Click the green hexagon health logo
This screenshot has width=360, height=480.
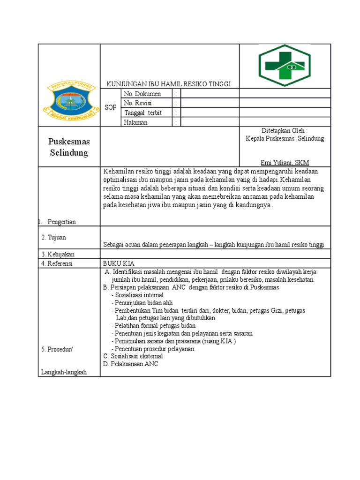click(x=285, y=66)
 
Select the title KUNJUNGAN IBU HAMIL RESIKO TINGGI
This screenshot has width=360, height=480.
click(x=169, y=84)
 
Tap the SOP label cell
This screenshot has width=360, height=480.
click(x=111, y=107)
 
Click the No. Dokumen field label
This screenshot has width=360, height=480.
click(x=142, y=94)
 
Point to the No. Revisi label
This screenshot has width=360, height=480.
click(x=138, y=103)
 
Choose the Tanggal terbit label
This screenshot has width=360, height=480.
click(x=142, y=112)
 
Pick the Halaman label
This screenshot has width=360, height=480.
click(x=135, y=122)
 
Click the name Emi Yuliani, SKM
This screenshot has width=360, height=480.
click(x=285, y=162)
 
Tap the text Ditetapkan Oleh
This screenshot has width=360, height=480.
click(x=285, y=130)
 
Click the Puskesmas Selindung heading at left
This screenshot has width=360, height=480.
click(x=69, y=147)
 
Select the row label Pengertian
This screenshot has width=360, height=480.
click(x=61, y=222)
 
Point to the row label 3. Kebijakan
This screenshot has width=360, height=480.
click(x=58, y=254)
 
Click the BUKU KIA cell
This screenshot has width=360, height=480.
click(x=119, y=263)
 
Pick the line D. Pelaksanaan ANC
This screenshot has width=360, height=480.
click(x=131, y=364)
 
